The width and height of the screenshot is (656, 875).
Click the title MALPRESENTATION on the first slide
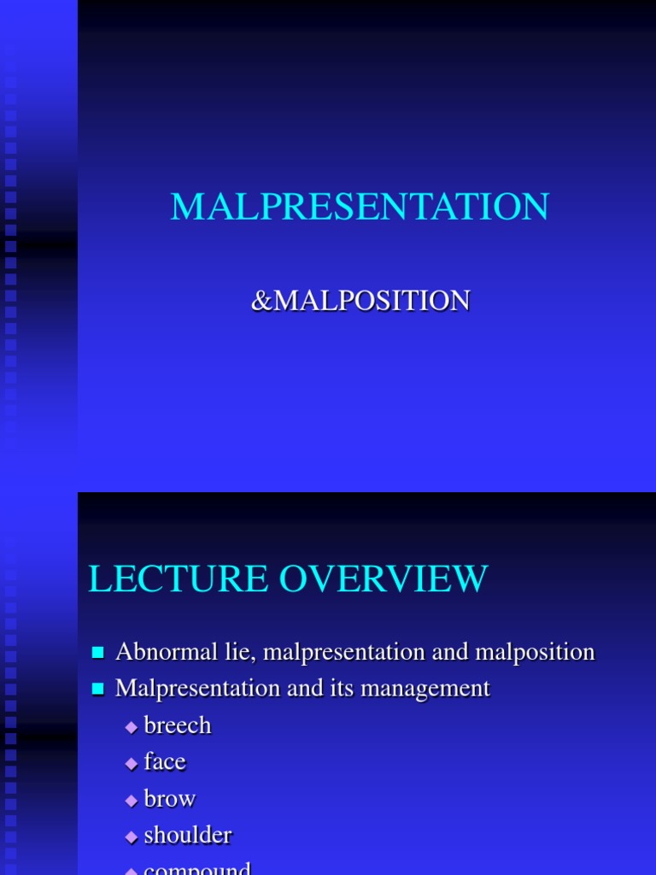click(x=360, y=208)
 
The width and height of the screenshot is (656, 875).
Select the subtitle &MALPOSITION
click(x=360, y=301)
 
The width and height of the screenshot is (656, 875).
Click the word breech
click(x=178, y=725)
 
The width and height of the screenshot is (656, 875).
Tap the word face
click(x=165, y=761)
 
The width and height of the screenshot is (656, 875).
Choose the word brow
click(x=170, y=798)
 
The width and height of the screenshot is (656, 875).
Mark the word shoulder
click(x=188, y=835)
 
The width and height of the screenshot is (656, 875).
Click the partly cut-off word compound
click(x=197, y=868)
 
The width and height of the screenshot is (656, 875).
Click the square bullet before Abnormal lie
click(x=97, y=653)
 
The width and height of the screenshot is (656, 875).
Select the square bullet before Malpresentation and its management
click(x=97, y=689)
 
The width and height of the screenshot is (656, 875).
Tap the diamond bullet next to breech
click(x=131, y=727)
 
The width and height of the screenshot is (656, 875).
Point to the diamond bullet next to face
click(x=131, y=763)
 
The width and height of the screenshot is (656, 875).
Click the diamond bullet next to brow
click(x=131, y=800)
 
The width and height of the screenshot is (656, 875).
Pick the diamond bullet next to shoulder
click(x=131, y=837)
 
